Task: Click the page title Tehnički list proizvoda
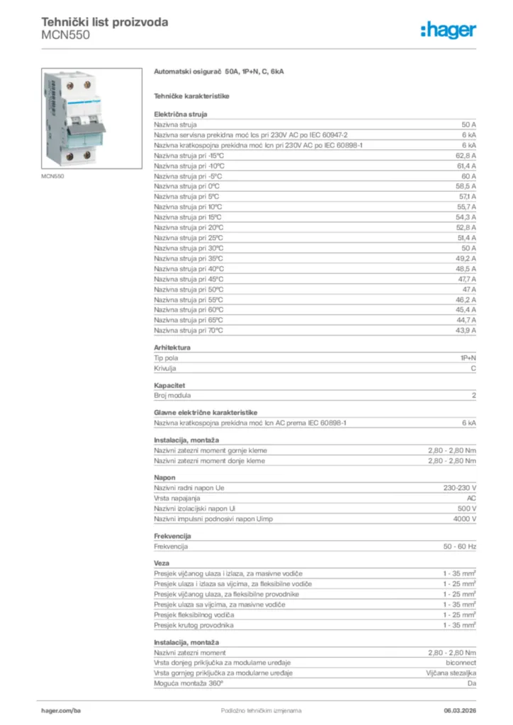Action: tap(105, 22)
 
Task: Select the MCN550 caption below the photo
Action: tap(52, 176)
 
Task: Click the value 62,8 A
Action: tap(466, 155)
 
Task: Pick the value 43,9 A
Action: tap(466, 330)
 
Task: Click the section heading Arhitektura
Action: tap(172, 348)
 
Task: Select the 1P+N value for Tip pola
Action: tap(468, 358)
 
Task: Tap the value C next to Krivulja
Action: tap(473, 368)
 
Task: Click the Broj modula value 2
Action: tap(473, 395)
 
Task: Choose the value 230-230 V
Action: tap(460, 489)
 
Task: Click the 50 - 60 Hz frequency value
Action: tap(460, 547)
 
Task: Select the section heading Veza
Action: tap(162, 564)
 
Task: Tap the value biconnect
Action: tap(461, 663)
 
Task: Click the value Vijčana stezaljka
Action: tap(451, 673)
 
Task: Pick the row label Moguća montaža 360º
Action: tap(188, 683)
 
